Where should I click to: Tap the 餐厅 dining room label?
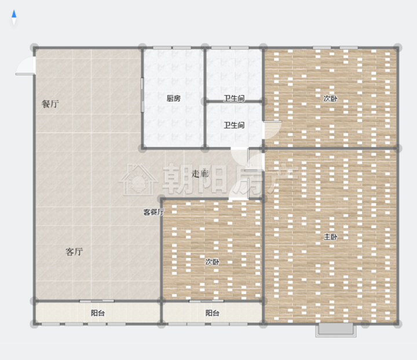point(50,104)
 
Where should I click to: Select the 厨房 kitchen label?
point(173,98)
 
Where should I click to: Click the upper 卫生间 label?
point(234,98)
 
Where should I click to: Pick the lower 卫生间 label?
point(234,125)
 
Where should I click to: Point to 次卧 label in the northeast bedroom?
point(330,98)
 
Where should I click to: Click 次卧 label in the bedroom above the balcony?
point(212,262)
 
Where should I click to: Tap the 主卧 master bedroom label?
point(330,237)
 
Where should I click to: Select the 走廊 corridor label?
point(200,174)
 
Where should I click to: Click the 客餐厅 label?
point(153,212)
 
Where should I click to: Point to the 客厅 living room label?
point(74,252)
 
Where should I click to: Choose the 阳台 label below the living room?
point(98,313)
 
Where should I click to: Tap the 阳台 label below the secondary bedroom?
point(212,313)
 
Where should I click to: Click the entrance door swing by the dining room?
point(25,66)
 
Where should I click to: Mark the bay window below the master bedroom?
point(336,330)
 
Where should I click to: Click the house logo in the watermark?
point(138,180)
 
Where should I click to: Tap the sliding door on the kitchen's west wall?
point(142,94)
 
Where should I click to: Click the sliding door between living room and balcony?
point(97,301)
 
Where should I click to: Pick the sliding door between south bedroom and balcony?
point(206,301)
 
